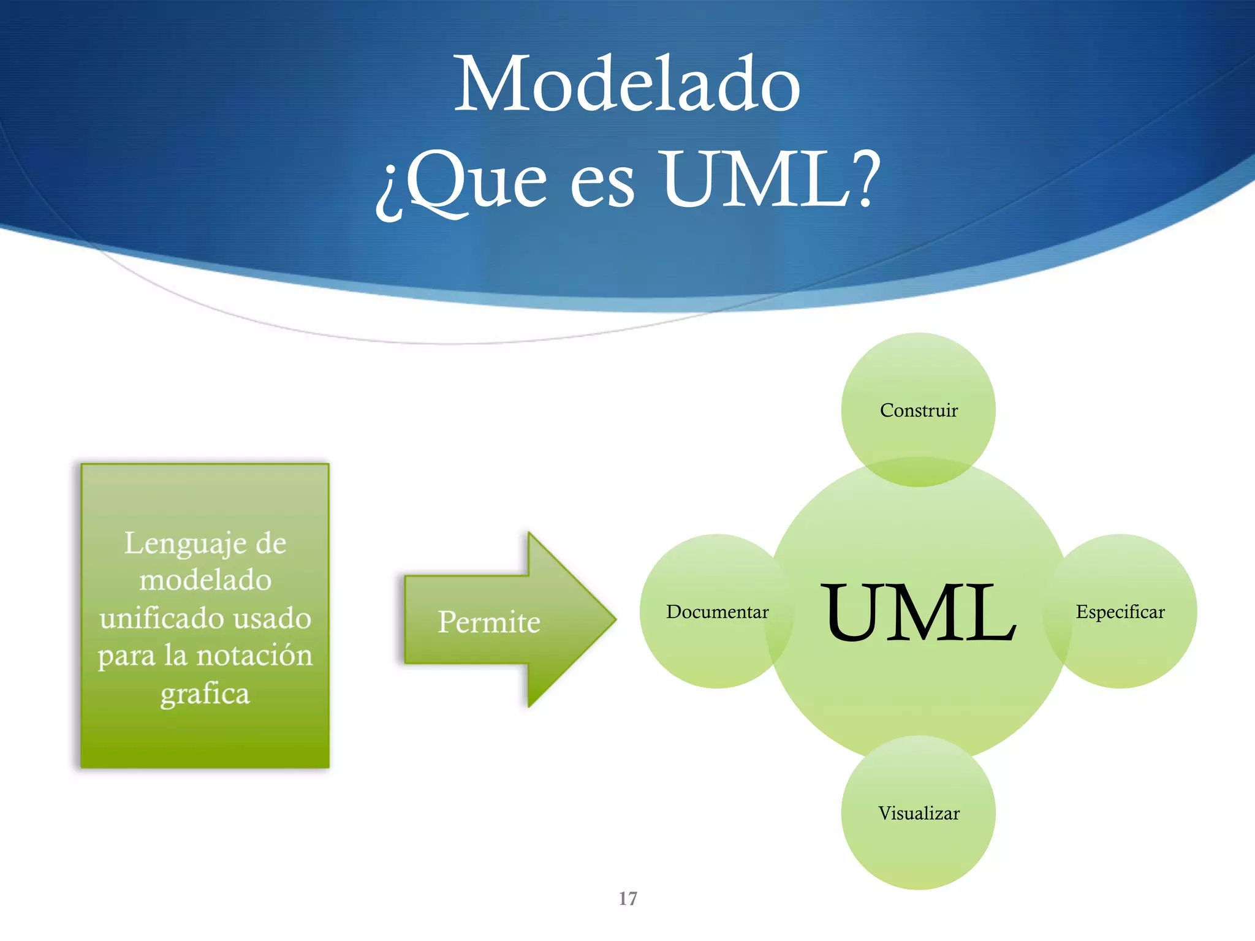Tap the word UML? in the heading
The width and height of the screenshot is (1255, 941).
click(771, 180)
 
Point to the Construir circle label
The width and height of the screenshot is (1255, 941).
click(918, 410)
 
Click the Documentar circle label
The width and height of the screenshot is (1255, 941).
click(717, 612)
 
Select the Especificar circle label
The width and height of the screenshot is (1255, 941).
click(1120, 612)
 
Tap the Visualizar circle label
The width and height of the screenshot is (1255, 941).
click(918, 814)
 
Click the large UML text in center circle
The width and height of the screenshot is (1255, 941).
click(918, 613)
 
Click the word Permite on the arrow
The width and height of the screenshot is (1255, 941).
click(489, 622)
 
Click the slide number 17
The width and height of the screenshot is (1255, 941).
click(627, 899)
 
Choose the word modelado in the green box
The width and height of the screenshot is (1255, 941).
click(205, 580)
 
